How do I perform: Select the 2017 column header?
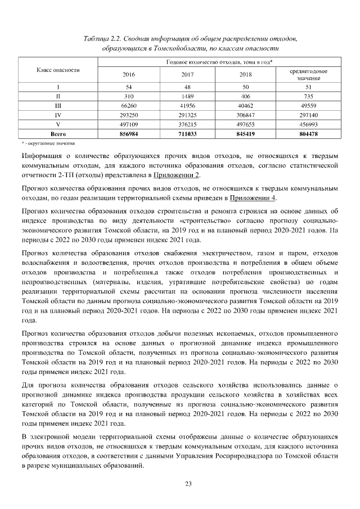pos(188,74)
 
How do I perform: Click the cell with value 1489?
pos(188,96)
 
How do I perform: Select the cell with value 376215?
pos(188,125)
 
